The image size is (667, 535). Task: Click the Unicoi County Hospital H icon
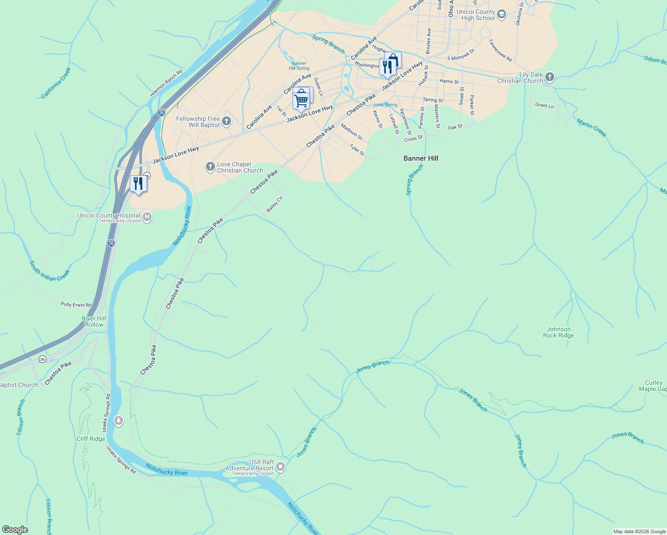pos(147,217)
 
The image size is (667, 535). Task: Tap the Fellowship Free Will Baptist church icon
pos(226,121)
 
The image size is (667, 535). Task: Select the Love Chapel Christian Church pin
pos(210,167)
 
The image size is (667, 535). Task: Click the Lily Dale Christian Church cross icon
pos(550,77)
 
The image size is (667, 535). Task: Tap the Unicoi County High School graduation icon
pos(502,15)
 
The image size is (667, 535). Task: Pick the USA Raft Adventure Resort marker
pos(280,467)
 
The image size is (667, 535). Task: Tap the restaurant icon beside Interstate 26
pos(138,183)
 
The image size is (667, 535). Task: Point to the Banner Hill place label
pos(420,158)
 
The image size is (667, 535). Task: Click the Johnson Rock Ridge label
pos(558,332)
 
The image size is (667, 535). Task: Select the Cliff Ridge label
pos(91,439)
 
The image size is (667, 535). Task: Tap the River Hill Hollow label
pos(94,321)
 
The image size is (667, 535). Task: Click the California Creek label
pos(56,83)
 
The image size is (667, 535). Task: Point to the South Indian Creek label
pos(49,271)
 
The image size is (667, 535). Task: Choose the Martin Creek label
pos(591,128)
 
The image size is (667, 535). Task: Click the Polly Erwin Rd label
pos(76,305)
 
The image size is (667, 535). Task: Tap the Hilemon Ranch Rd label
pos(166,83)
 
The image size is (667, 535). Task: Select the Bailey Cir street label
pos(275,204)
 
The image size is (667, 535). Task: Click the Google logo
pos(15,530)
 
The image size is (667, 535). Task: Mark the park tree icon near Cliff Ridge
pos(118,420)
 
